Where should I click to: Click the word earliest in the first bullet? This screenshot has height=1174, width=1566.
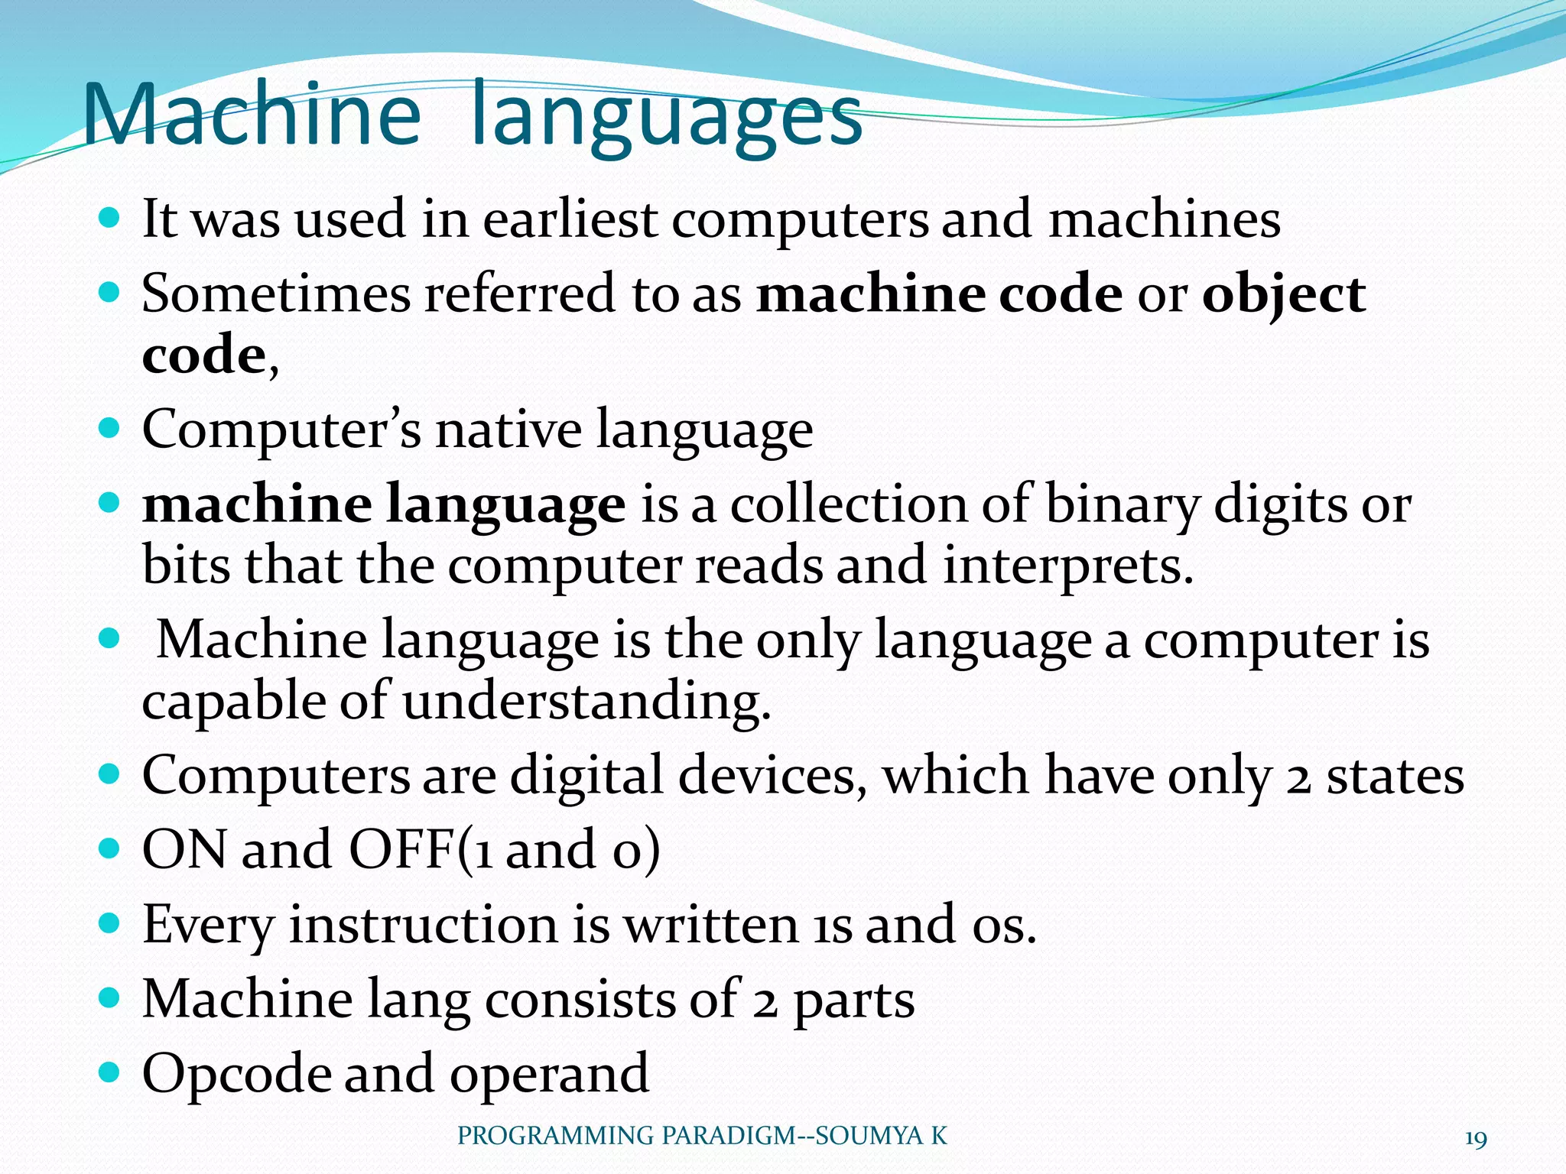[570, 219]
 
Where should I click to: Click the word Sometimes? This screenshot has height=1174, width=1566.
[276, 293]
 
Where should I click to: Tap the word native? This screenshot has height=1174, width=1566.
[508, 430]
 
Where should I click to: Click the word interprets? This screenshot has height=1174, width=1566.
[1067, 566]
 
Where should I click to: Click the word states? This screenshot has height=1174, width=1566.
[1395, 777]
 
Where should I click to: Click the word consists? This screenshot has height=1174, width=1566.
[580, 1000]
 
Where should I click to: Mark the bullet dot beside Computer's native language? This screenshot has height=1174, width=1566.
[110, 428]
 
